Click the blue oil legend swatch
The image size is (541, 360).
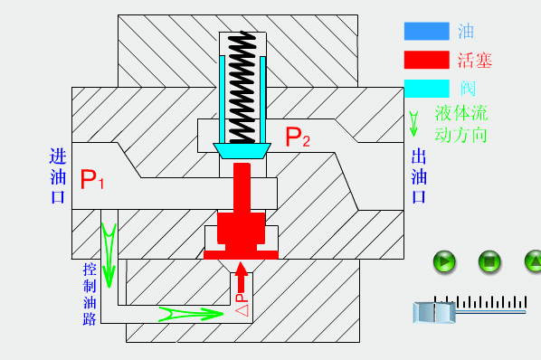[x=427, y=31]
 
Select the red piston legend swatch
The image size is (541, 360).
[x=427, y=60]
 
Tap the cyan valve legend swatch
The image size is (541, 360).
[x=427, y=89]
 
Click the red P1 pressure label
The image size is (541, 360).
[x=91, y=179]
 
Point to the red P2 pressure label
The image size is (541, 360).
[x=298, y=137]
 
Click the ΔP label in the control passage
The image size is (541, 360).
[x=242, y=305]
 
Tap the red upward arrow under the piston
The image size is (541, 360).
[x=242, y=278]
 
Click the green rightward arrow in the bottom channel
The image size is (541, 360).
[x=191, y=314]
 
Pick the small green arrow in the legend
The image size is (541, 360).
[x=413, y=124]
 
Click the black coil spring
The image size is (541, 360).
[x=242, y=87]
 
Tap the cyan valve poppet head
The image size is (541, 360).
[x=242, y=151]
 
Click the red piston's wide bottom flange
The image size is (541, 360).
[x=241, y=255]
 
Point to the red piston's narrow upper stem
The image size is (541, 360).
[x=242, y=188]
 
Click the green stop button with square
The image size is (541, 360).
[x=489, y=261]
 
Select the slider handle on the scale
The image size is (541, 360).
[x=434, y=312]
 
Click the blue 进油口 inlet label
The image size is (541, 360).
[x=58, y=176]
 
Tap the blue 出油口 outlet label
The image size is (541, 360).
[x=419, y=176]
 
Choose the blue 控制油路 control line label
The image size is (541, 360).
[x=89, y=294]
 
